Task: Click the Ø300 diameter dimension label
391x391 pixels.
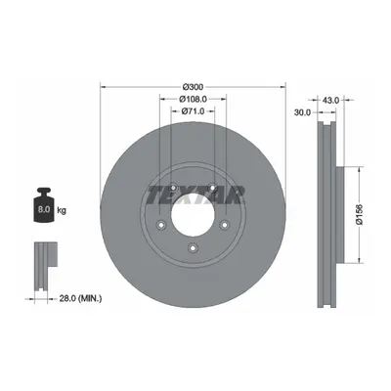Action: (x=193, y=87)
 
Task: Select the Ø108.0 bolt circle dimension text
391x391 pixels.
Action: (x=194, y=99)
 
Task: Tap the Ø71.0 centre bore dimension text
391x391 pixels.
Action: (x=193, y=111)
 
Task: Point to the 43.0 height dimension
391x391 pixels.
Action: (x=331, y=100)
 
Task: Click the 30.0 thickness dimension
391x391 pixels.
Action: (x=302, y=112)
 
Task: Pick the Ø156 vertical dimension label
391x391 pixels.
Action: (x=360, y=215)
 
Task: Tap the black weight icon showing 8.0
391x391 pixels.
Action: (x=44, y=205)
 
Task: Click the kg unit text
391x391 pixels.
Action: (x=62, y=210)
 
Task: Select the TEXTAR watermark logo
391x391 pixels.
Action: (x=195, y=195)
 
